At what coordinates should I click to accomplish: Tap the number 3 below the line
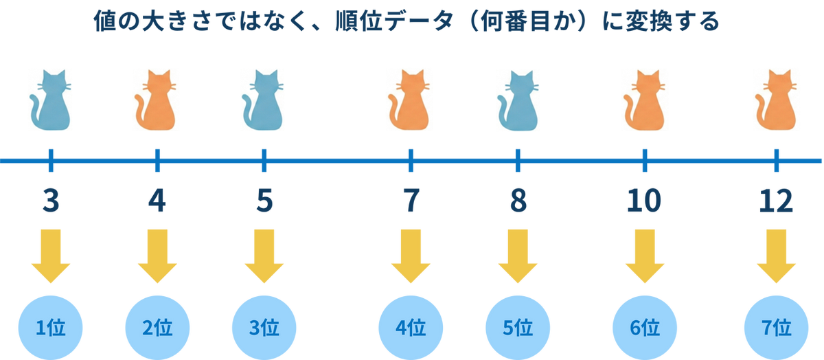50,201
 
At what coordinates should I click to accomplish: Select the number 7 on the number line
410,201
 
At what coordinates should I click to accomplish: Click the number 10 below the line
644,201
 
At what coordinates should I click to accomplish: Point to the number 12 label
776,201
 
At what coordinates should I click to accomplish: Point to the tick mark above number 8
518,160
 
